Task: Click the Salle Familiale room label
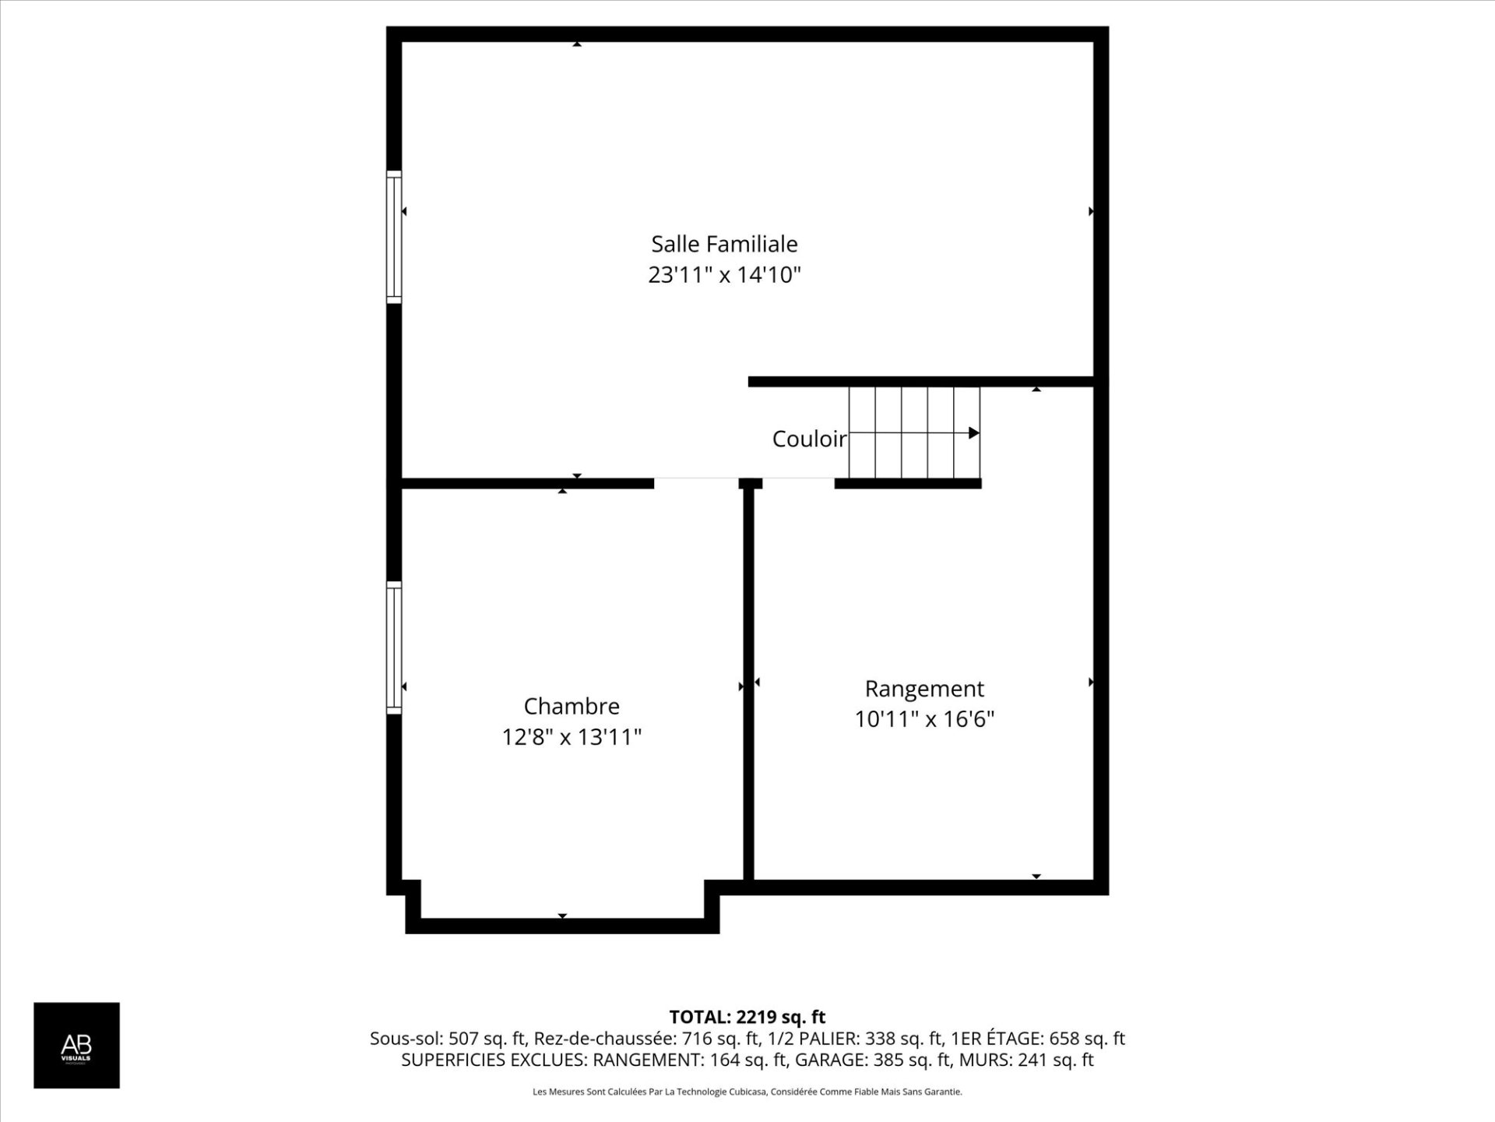click(x=724, y=244)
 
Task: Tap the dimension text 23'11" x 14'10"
click(x=724, y=275)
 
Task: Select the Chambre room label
click(x=572, y=706)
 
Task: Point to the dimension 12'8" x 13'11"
click(x=572, y=737)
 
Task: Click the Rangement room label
click(x=924, y=690)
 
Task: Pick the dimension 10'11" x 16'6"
click(x=924, y=719)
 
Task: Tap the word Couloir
click(x=809, y=439)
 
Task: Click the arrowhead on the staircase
click(x=973, y=432)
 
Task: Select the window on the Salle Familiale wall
click(x=394, y=237)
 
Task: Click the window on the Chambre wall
click(x=394, y=647)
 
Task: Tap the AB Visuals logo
click(x=76, y=1045)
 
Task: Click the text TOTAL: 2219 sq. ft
click(x=747, y=1017)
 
